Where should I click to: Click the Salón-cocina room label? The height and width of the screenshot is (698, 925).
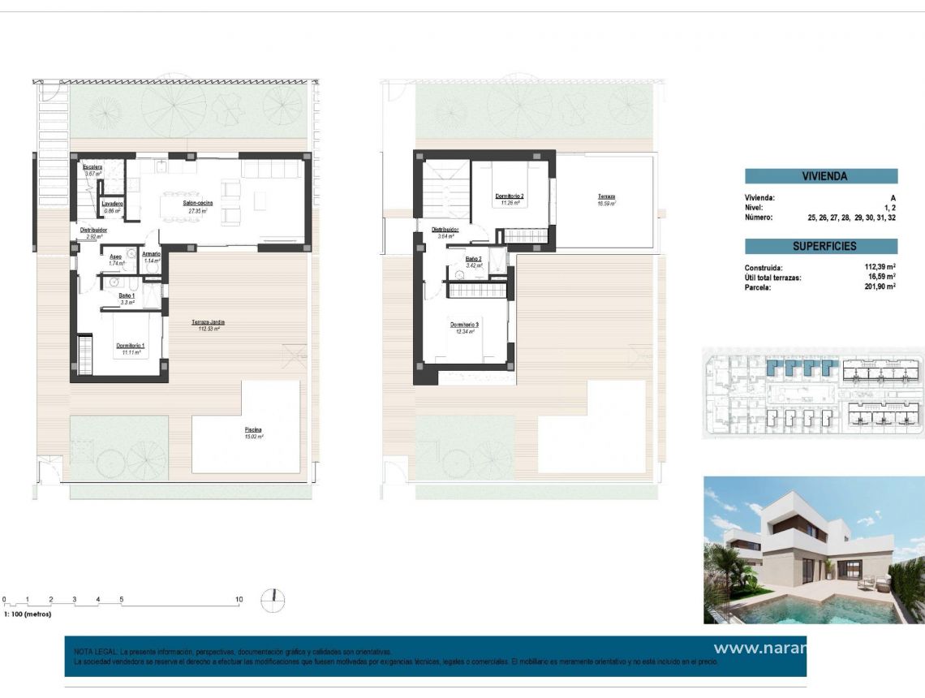[197, 203]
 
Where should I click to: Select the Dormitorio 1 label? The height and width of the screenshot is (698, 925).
[130, 346]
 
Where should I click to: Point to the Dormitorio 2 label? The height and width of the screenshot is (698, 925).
[510, 196]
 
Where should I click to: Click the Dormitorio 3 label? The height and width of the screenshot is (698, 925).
[465, 325]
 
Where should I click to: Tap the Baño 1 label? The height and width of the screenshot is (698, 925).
[127, 295]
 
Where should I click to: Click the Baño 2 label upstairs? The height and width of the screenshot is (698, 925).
[474, 259]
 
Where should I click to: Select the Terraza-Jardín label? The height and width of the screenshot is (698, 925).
[209, 322]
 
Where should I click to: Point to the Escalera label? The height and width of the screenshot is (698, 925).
[92, 167]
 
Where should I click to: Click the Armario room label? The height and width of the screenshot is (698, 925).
[151, 254]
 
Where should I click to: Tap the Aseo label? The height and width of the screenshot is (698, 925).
[115, 256]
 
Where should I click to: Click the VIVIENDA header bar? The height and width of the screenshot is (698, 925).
[821, 176]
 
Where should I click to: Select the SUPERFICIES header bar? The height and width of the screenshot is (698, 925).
[821, 246]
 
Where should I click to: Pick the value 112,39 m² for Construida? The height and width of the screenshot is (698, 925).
[880, 267]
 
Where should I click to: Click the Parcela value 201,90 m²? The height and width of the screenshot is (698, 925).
[880, 287]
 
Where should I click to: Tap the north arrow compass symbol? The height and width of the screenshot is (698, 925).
[273, 600]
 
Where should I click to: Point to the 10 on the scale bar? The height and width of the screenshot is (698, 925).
[239, 600]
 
